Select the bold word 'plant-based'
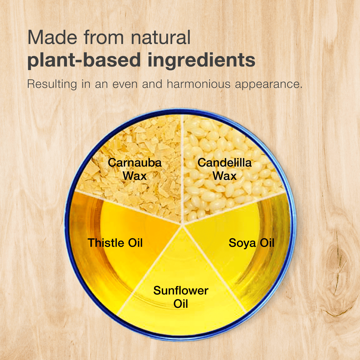coord(84,60)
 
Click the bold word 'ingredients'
coord(201,60)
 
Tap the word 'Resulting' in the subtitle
coord(52,85)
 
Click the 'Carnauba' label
coord(135,163)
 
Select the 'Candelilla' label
coord(224,163)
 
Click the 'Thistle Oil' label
coord(115,243)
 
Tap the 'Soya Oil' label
coord(251,243)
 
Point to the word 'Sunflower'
coord(181,291)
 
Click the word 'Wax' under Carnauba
coord(135,176)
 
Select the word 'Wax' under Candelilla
coord(224,176)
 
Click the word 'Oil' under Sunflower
coord(181,304)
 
